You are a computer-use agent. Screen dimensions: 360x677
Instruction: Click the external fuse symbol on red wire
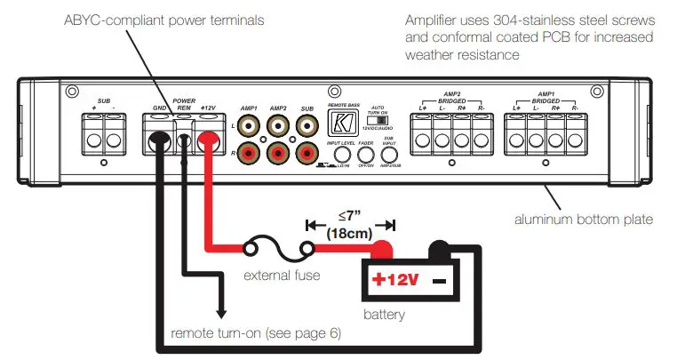click(282, 249)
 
